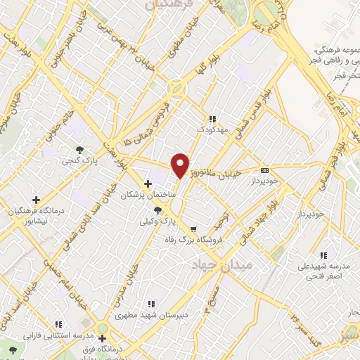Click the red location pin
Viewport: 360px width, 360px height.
click(x=181, y=165)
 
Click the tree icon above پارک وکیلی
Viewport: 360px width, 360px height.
click(x=157, y=210)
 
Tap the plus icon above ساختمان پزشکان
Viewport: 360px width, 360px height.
click(x=147, y=184)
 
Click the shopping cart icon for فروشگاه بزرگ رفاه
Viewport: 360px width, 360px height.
click(x=193, y=229)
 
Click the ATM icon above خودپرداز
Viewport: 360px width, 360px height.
click(x=264, y=170)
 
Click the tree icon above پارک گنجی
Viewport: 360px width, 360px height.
click(x=81, y=149)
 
